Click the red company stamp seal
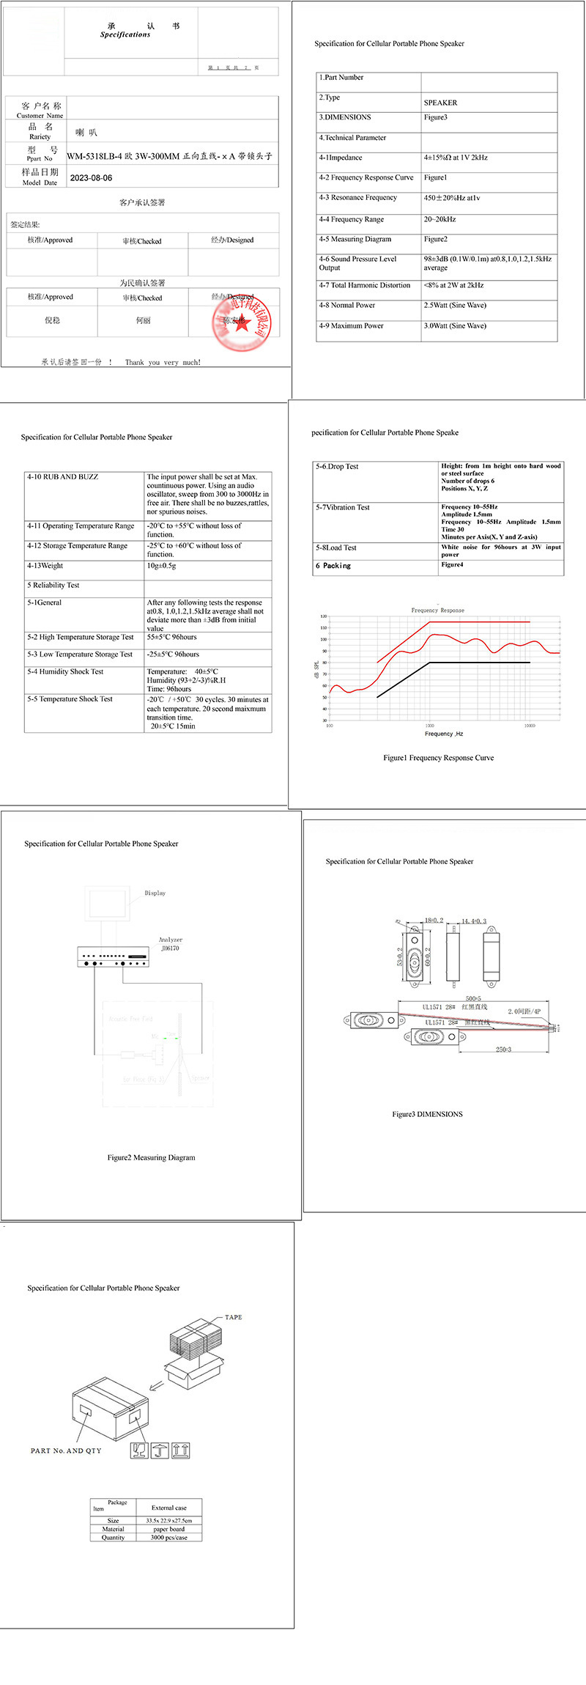click(x=242, y=320)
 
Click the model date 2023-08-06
click(x=91, y=177)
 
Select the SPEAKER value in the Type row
click(x=440, y=103)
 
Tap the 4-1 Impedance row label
click(x=341, y=158)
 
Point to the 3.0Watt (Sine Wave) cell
click(x=455, y=326)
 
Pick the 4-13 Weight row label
click(x=45, y=566)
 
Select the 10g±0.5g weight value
click(x=161, y=566)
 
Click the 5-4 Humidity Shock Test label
click(x=65, y=671)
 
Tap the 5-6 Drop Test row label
click(x=337, y=467)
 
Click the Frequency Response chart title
click(x=437, y=610)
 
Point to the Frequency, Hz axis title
click(x=444, y=734)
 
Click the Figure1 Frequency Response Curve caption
click(x=438, y=758)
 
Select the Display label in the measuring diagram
click(x=155, y=893)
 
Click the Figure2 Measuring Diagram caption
click(x=151, y=1157)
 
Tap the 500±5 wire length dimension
click(x=473, y=998)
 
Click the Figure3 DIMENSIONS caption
click(x=427, y=1114)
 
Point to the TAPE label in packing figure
click(x=233, y=1317)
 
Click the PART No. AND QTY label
click(x=66, y=1450)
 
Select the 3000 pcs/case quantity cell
click(x=168, y=1537)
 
